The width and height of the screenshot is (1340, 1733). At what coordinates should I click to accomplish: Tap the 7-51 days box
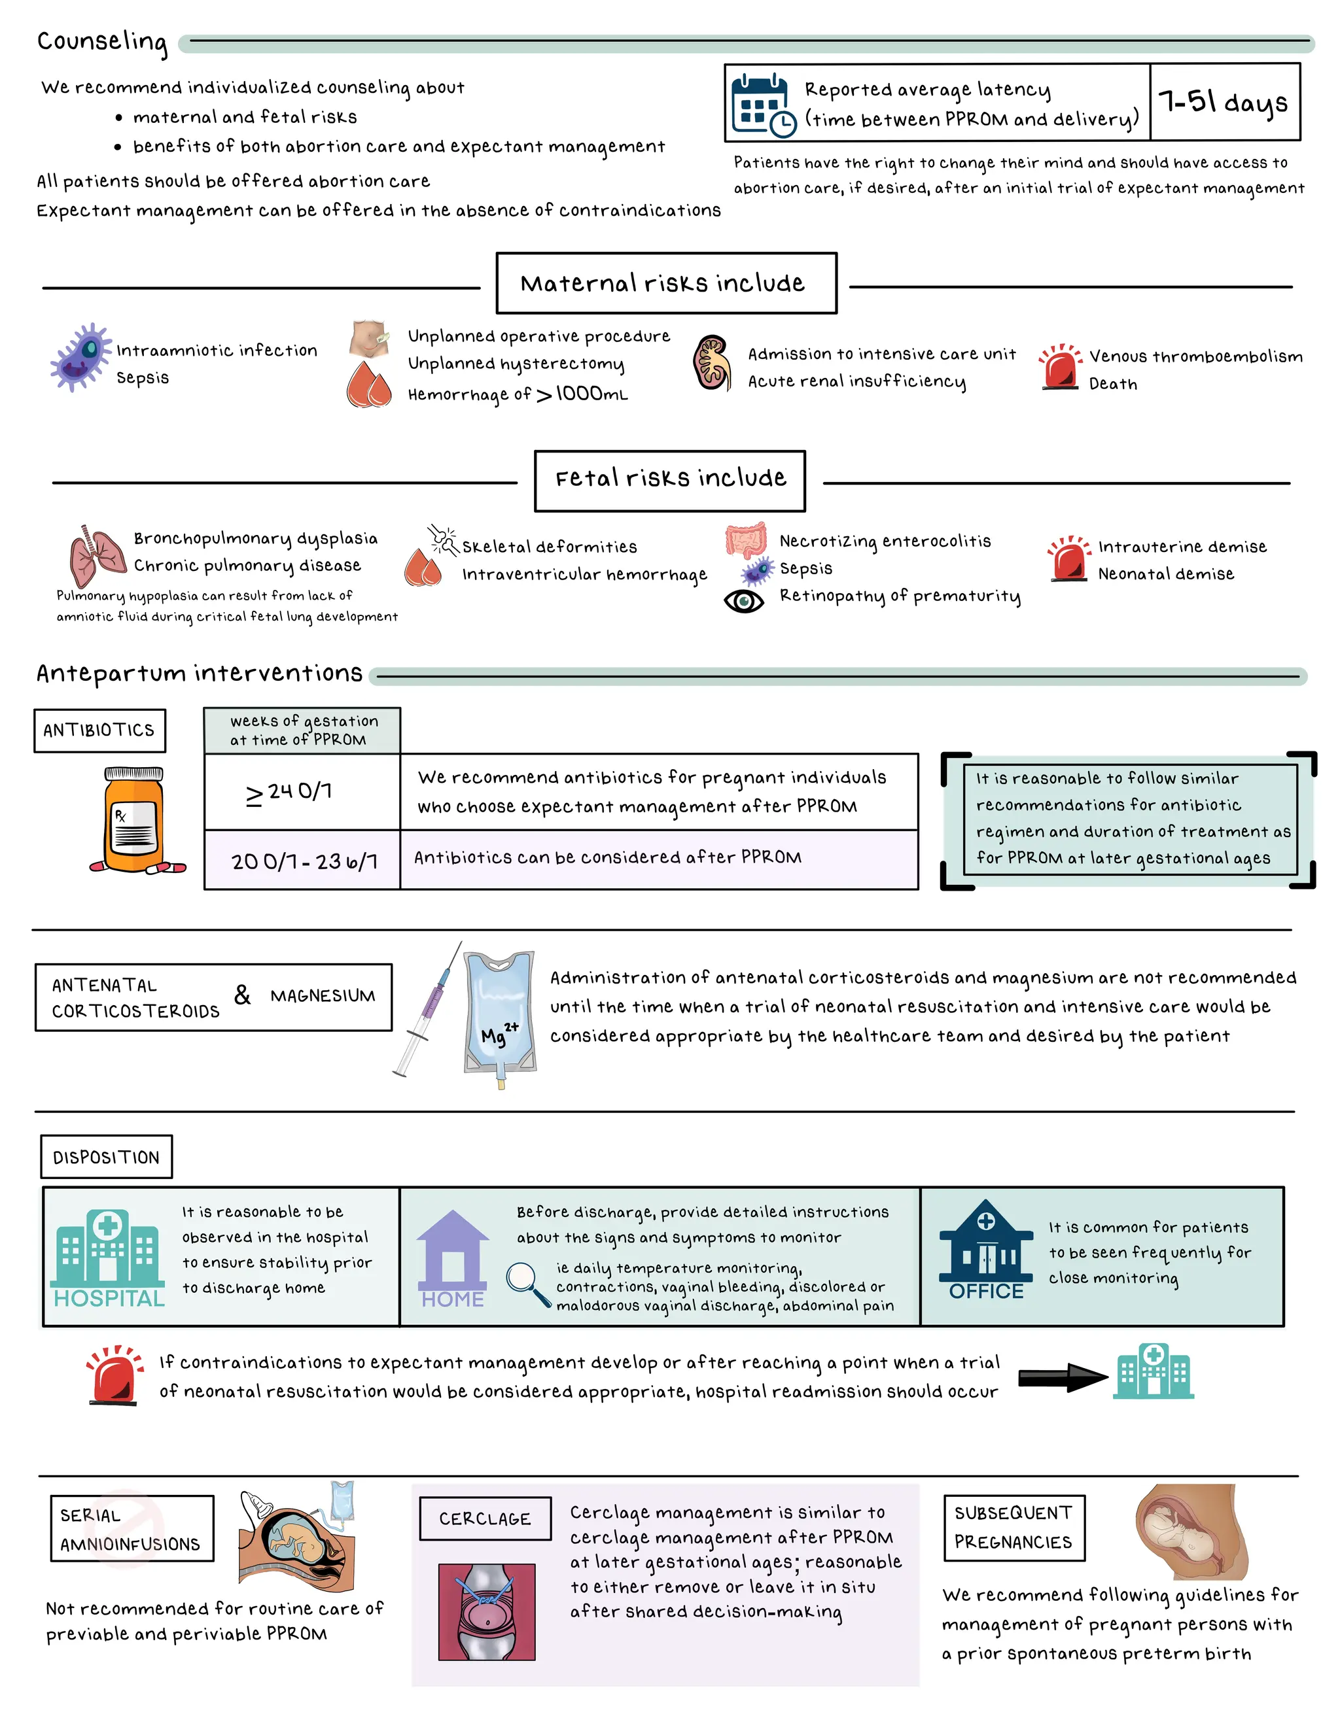coord(1224,101)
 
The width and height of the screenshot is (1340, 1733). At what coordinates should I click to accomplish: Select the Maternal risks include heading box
coord(666,283)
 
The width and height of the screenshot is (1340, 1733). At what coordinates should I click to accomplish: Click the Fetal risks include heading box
coord(669,481)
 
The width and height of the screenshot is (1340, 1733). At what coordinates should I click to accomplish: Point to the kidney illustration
coord(712,363)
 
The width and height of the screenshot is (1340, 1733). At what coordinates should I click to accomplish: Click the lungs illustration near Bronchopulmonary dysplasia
coord(97,555)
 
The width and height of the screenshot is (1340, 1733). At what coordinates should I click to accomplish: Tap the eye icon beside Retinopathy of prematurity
coord(744,601)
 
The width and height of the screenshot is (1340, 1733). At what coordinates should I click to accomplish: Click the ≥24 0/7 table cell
coord(302,792)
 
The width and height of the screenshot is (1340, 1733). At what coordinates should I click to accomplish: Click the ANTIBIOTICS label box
coord(100,730)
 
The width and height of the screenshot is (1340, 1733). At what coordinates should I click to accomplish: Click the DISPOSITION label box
coord(107,1157)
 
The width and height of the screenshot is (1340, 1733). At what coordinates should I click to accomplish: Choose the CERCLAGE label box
coord(485,1518)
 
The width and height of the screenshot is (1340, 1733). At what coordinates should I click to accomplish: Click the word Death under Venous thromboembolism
coord(1113,384)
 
